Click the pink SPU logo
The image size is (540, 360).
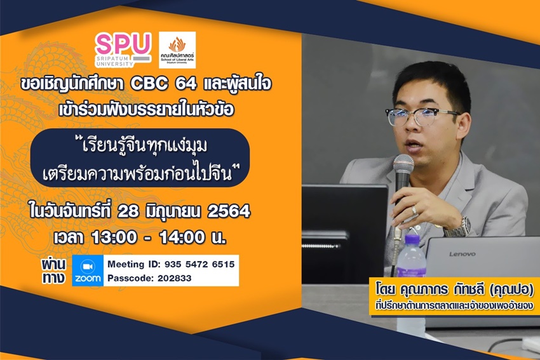[123, 50]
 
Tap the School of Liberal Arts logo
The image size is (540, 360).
[177, 50]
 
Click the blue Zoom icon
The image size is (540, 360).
[88, 270]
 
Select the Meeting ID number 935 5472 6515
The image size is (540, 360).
[199, 264]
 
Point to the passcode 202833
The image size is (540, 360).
[174, 278]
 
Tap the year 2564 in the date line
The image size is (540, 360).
[229, 211]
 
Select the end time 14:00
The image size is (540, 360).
[182, 237]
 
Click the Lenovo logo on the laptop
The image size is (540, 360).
[462, 255]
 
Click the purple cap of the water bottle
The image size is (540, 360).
[411, 239]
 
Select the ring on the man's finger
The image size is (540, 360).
[415, 210]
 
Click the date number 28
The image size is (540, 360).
[128, 211]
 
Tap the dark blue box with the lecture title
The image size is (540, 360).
[140, 158]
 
